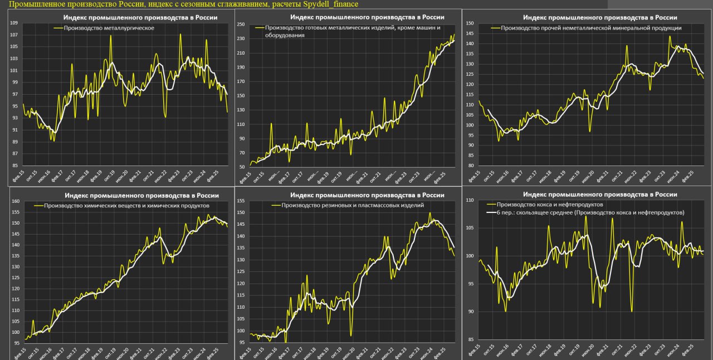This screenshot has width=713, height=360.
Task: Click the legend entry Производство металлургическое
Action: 109,28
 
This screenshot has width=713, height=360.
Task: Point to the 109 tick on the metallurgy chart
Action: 14,23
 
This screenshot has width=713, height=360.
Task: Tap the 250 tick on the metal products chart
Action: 241,24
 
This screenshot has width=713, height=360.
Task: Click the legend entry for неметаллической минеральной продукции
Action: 591,27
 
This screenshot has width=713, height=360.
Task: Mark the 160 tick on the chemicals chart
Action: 16,201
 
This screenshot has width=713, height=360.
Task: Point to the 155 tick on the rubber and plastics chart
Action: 241,201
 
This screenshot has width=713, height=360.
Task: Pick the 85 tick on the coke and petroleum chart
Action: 470,339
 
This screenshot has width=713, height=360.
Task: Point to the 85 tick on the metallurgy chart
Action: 14,166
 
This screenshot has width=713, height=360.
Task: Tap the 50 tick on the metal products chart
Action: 242,167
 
